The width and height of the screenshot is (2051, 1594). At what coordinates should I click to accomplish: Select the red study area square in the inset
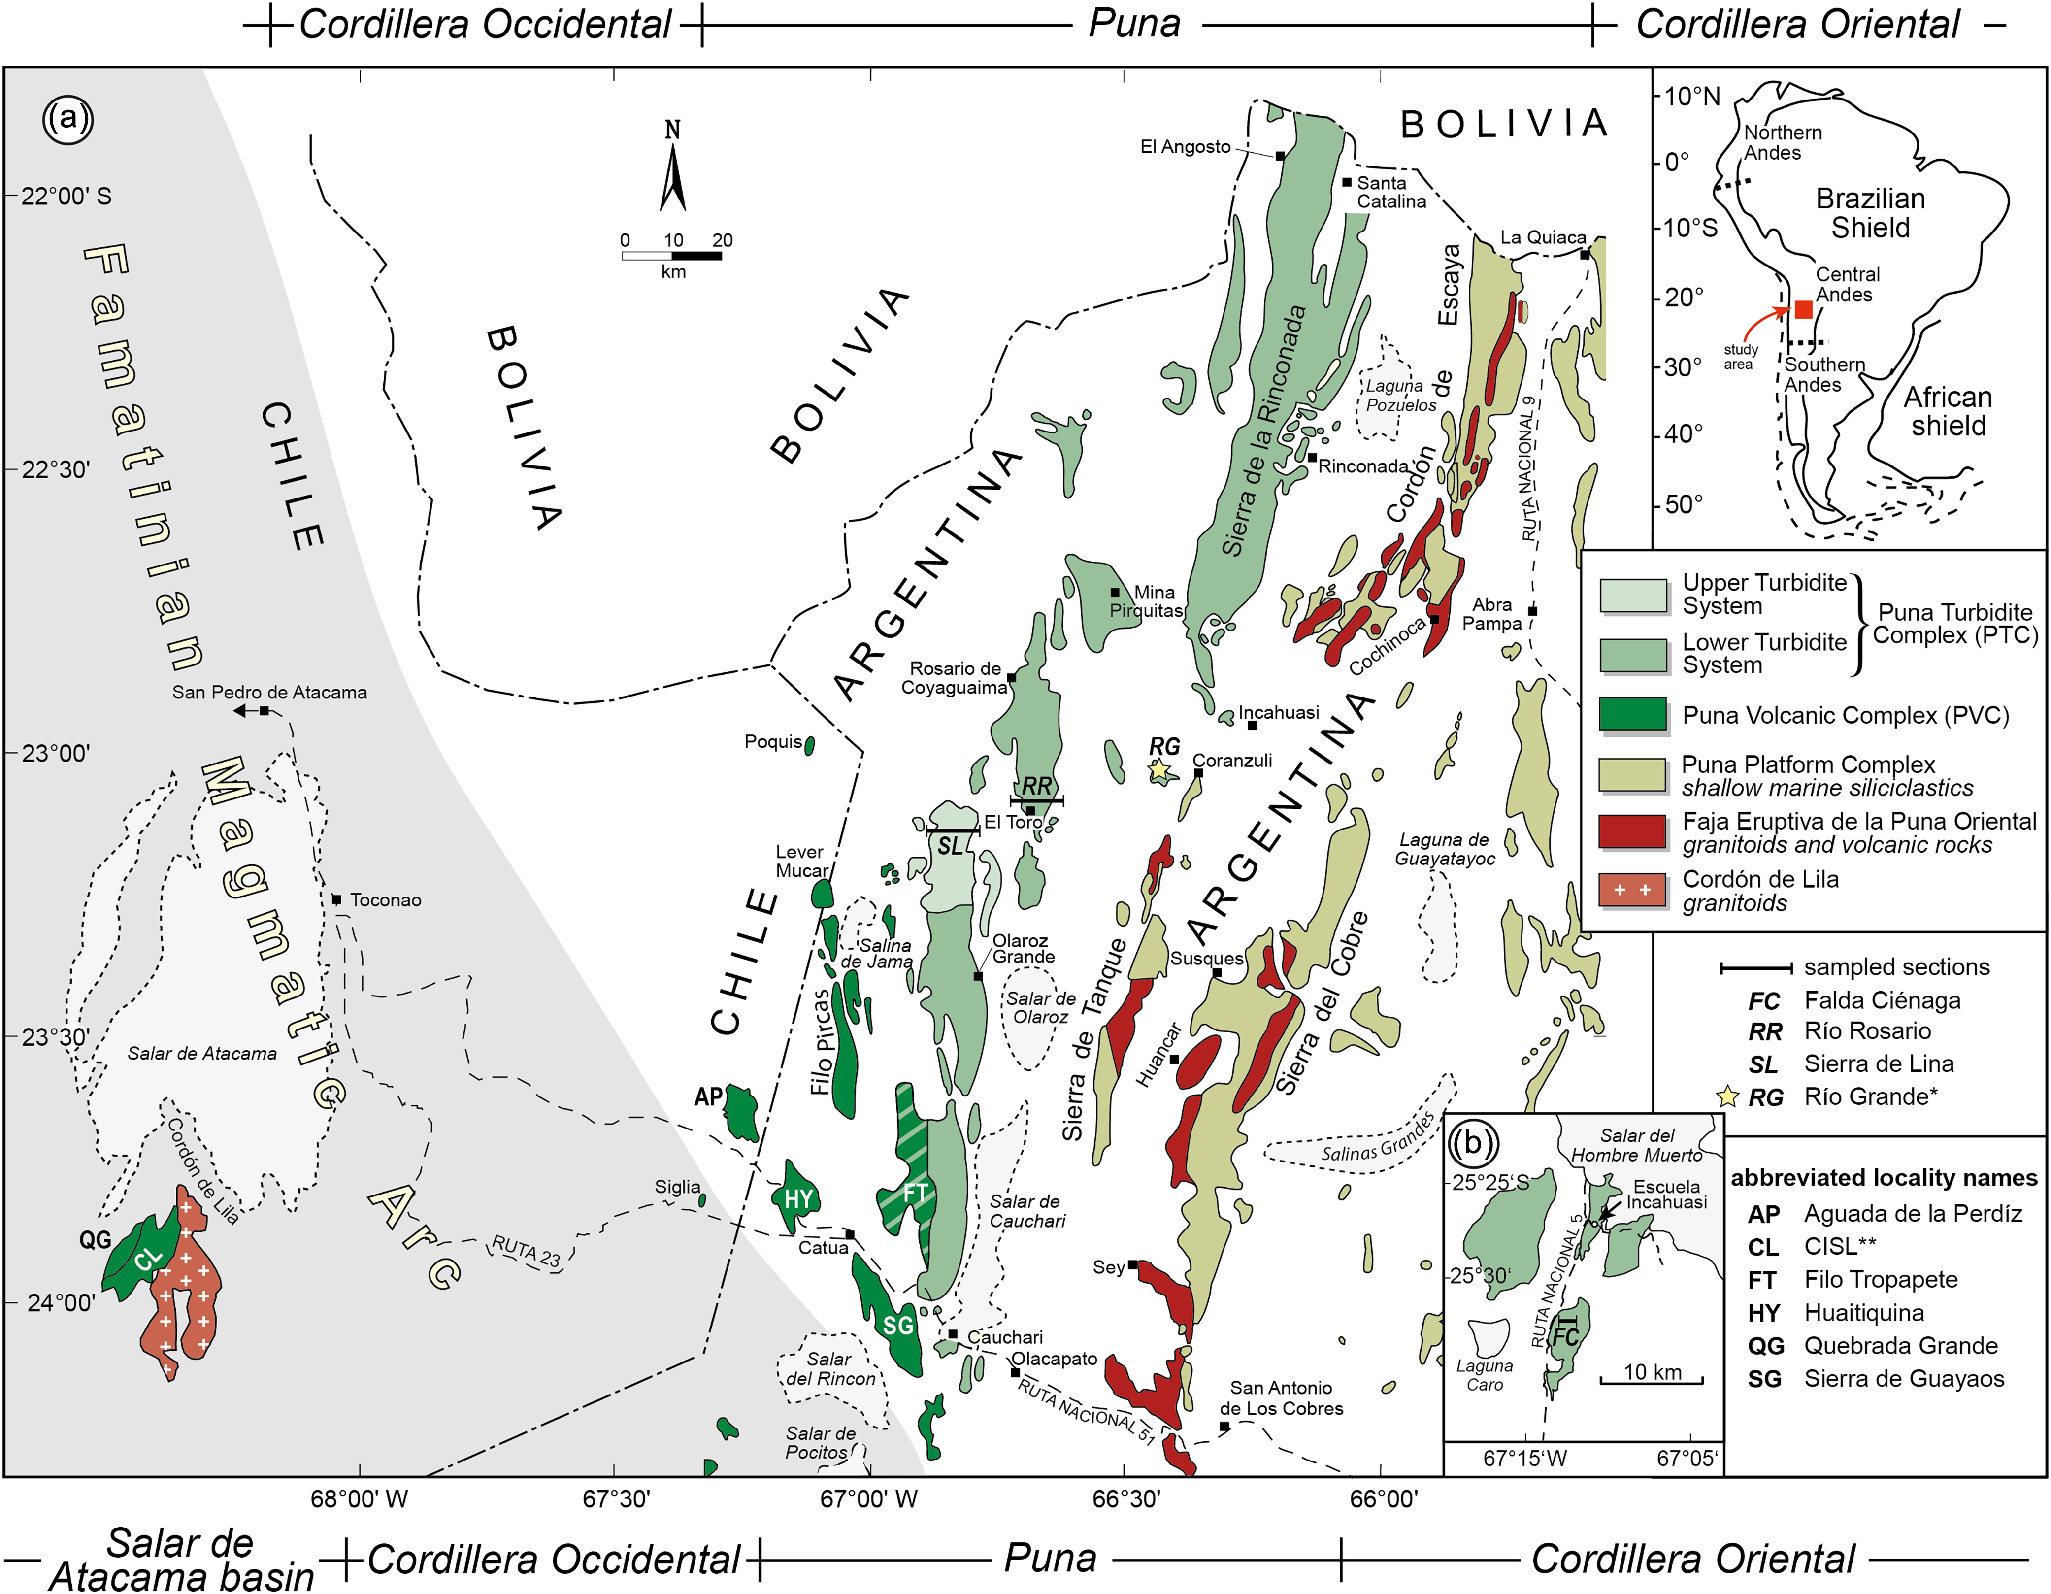1803,309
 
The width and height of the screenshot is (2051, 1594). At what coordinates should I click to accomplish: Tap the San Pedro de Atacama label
269,692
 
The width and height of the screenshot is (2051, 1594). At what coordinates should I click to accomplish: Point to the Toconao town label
385,900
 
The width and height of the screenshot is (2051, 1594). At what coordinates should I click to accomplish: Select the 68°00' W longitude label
360,1498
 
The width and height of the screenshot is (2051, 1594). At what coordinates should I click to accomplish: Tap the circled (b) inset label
1473,1142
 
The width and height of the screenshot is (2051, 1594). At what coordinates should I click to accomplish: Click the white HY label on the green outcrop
798,1198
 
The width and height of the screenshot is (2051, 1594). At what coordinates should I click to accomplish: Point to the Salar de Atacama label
202,1054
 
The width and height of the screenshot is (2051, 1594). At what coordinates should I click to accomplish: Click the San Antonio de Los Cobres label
1281,1397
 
